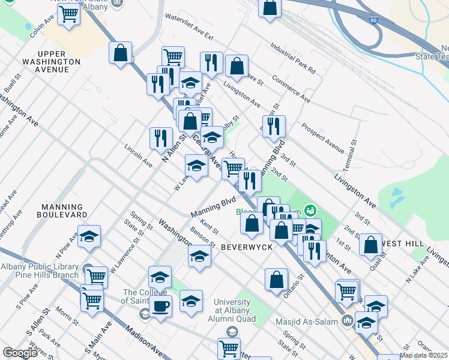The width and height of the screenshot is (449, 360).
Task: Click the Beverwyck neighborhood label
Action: pyautogui.click(x=247, y=247)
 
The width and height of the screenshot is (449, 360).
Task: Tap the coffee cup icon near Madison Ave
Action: pyautogui.click(x=160, y=306)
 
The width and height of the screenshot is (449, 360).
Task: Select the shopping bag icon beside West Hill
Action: pyautogui.click(x=371, y=244)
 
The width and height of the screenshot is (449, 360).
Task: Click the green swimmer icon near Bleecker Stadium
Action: pyautogui.click(x=310, y=210)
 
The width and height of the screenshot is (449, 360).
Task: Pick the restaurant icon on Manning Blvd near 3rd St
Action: pyautogui.click(x=273, y=126)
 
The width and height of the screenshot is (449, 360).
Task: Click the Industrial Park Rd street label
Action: pyautogui.click(x=292, y=58)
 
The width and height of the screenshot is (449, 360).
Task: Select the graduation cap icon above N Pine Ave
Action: pyautogui.click(x=89, y=236)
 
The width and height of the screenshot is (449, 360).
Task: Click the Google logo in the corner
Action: pyautogui.click(x=20, y=353)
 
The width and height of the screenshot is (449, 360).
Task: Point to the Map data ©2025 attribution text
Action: pyautogui.click(x=424, y=355)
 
